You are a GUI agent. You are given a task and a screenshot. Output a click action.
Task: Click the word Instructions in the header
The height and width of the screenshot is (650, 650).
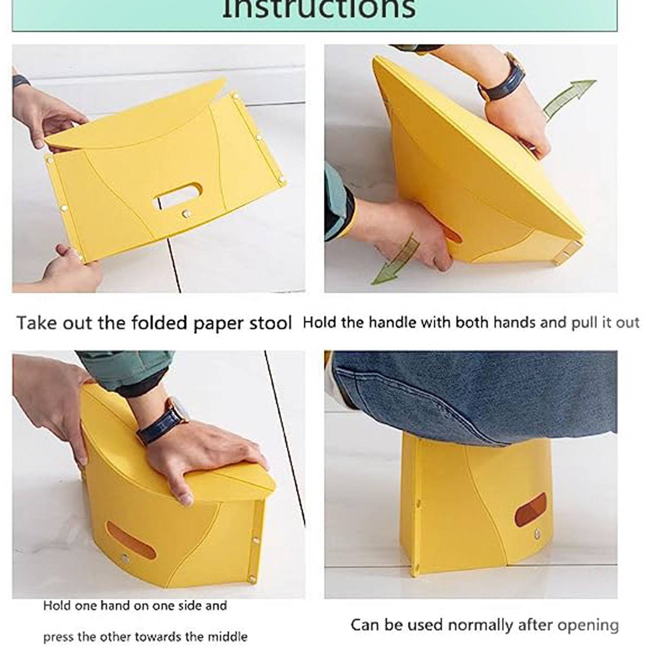point(318,10)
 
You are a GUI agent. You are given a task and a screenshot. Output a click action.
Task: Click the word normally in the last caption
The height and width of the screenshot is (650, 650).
point(480,625)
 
